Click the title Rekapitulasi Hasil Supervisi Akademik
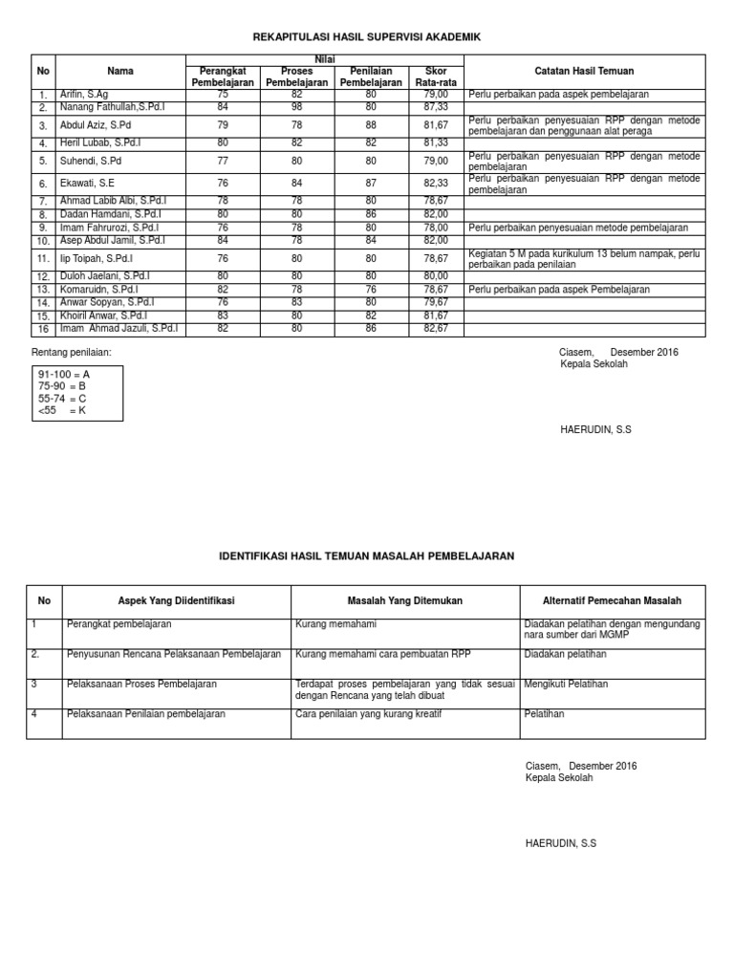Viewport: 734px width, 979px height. tap(367, 36)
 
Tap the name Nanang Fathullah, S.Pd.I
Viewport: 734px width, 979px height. tap(113, 107)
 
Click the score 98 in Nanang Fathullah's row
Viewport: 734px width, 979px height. tap(296, 107)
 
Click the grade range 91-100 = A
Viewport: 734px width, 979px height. tap(65, 374)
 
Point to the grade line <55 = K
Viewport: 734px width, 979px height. tap(63, 409)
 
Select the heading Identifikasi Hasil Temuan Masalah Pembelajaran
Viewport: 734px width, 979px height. tap(367, 555)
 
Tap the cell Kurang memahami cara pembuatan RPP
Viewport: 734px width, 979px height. tap(378, 654)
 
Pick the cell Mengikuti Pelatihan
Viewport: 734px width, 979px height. tap(566, 684)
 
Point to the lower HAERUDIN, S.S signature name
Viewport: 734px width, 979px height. tap(561, 842)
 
